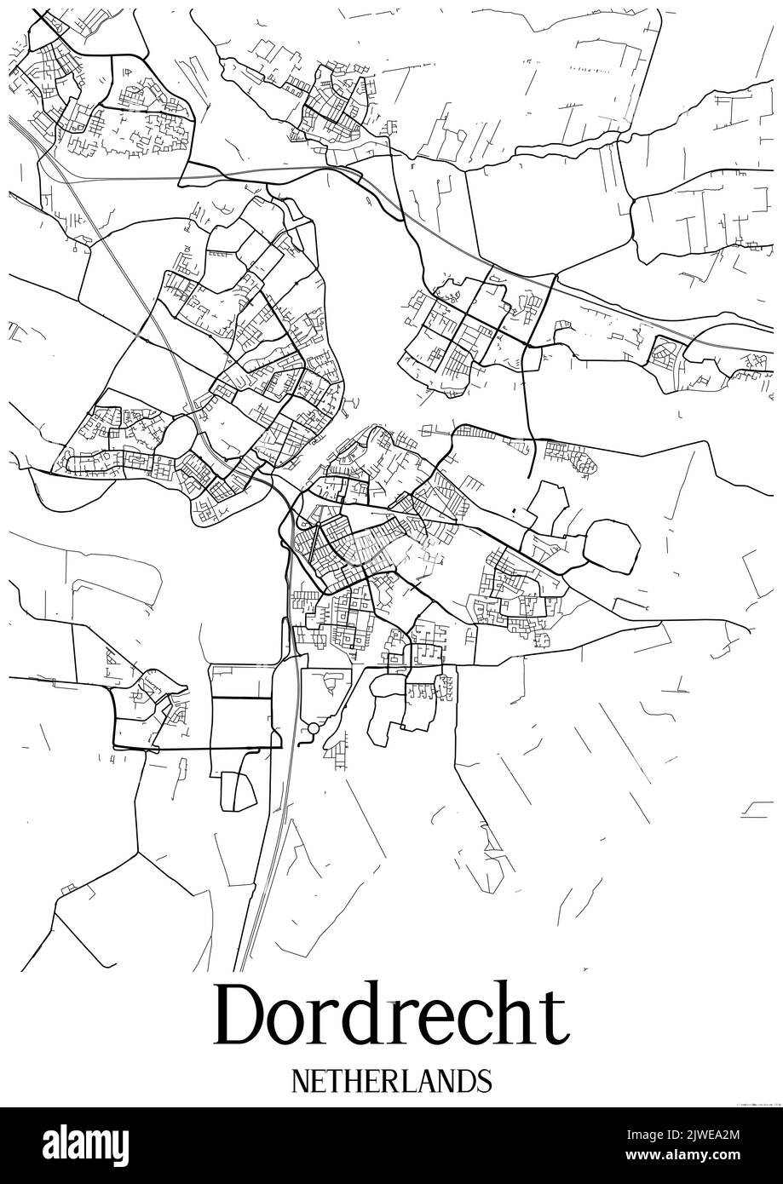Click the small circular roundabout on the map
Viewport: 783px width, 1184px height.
click(313, 729)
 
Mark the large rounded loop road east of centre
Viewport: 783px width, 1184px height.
click(612, 547)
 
